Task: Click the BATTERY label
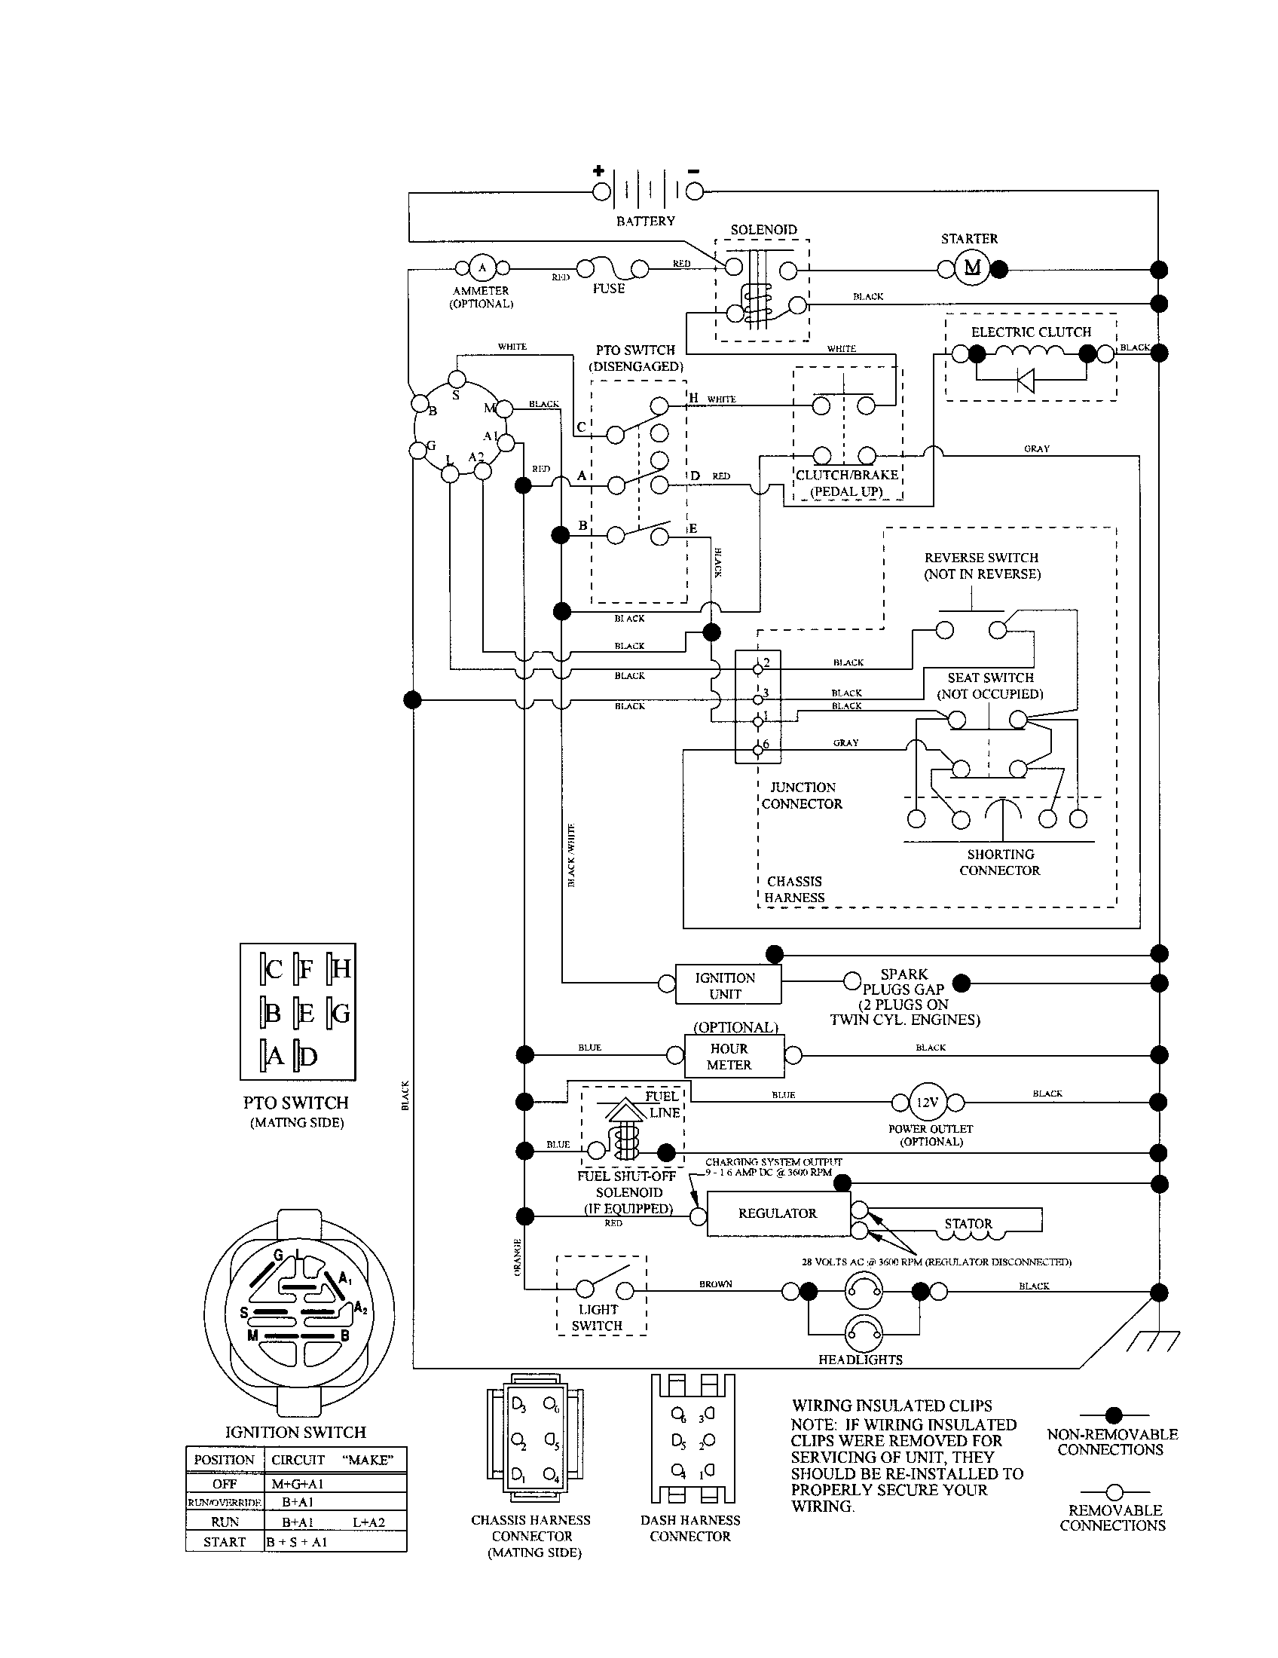pyautogui.click(x=645, y=221)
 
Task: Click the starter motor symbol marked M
pyautogui.click(x=972, y=268)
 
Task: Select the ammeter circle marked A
pyautogui.click(x=482, y=268)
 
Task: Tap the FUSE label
pyautogui.click(x=608, y=289)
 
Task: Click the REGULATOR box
pyautogui.click(x=778, y=1213)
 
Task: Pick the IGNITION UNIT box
pyautogui.click(x=726, y=986)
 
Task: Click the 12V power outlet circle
pyautogui.click(x=928, y=1102)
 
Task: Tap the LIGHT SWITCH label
pyautogui.click(x=598, y=1317)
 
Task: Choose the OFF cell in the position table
pyautogui.click(x=225, y=1483)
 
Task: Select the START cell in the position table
pyautogui.click(x=225, y=1542)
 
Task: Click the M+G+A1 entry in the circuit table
pyautogui.click(x=298, y=1483)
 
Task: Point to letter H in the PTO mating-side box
pyautogui.click(x=341, y=969)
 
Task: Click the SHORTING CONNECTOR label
pyautogui.click(x=999, y=862)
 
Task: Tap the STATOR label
pyautogui.click(x=968, y=1223)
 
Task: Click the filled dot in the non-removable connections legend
pyautogui.click(x=1113, y=1415)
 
